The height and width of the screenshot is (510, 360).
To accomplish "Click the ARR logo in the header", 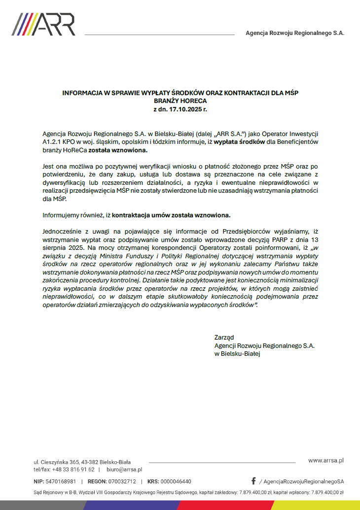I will tap(43, 24).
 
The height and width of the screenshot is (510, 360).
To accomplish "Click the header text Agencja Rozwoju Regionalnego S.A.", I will tap(295, 33).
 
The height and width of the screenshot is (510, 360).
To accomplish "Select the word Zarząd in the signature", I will tap(224, 338).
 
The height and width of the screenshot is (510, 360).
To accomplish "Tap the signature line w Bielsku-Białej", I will tap(237, 353).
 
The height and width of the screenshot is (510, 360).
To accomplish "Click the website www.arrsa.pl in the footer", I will tap(325, 460).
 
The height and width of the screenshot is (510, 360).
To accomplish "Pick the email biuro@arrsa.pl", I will tap(124, 470).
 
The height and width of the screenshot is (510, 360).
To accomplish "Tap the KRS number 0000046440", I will tap(176, 481).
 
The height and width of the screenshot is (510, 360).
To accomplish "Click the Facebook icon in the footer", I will tap(253, 481).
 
